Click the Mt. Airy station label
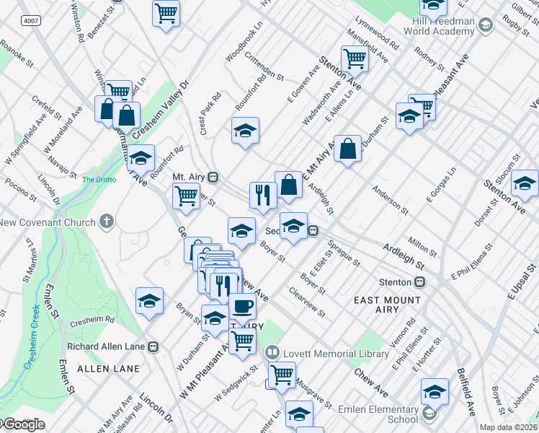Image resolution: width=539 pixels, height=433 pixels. [x=189, y=176]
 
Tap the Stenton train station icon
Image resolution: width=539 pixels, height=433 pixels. [x=420, y=282]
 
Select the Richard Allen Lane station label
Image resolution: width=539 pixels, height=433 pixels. [x=107, y=346]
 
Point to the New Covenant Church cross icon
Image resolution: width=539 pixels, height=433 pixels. [x=106, y=221]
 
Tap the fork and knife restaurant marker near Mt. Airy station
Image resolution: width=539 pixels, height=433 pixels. [x=263, y=194]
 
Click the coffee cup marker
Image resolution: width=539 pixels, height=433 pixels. [x=242, y=306]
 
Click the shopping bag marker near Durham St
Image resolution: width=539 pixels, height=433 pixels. [x=347, y=149]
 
